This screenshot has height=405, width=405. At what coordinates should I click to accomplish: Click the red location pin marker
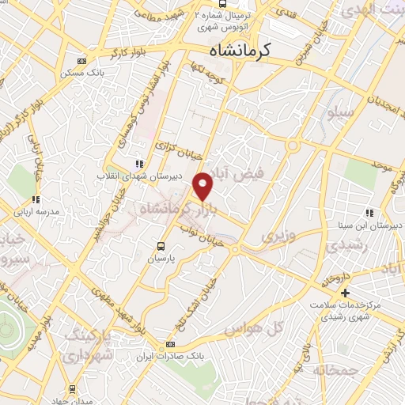pyautogui.click(x=203, y=186)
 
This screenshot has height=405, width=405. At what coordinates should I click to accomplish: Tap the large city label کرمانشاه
pyautogui.click(x=240, y=50)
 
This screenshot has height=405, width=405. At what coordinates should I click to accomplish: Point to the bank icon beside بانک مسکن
pyautogui.click(x=81, y=62)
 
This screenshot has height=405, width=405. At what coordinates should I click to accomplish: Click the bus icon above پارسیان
pyautogui.click(x=161, y=246)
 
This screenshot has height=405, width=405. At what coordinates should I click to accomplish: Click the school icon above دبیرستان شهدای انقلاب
pyautogui.click(x=139, y=164)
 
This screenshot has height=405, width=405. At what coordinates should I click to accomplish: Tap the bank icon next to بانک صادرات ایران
pyautogui.click(x=170, y=345)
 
